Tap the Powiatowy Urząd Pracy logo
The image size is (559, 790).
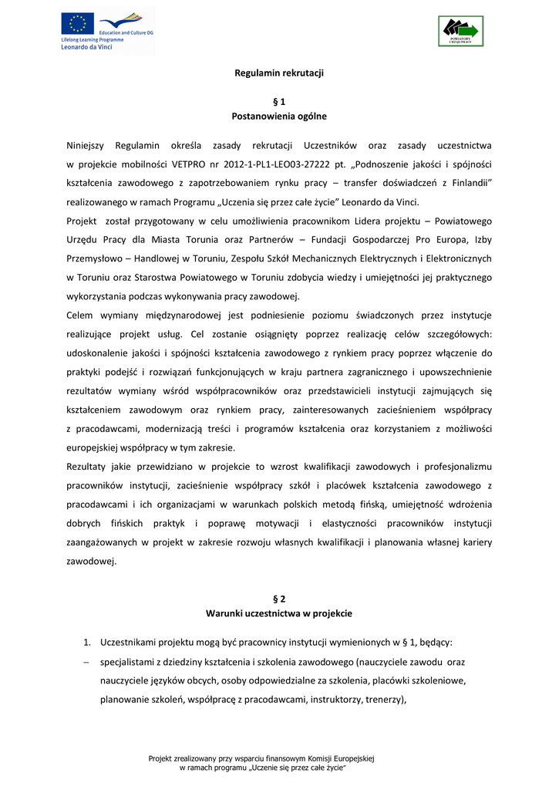(x=460, y=31)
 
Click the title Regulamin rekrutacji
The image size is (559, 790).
(x=279, y=73)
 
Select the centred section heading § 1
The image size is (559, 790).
(x=279, y=101)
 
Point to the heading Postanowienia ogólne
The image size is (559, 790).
(x=279, y=116)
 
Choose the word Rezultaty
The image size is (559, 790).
(x=89, y=467)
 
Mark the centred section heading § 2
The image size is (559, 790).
(x=279, y=599)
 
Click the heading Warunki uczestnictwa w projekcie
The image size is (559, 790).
(x=279, y=613)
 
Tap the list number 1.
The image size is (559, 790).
(x=87, y=642)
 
